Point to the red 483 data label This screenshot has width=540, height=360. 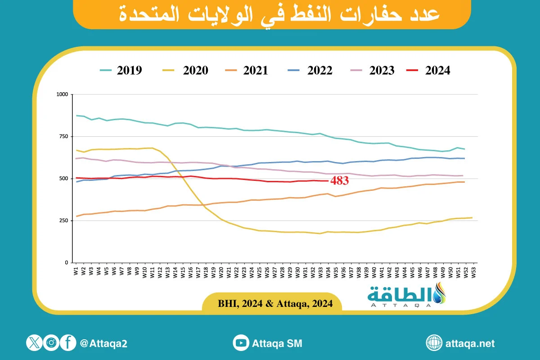pyautogui.click(x=340, y=181)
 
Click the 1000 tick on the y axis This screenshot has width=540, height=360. pyautogui.click(x=62, y=94)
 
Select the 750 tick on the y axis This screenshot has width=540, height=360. pyautogui.click(x=63, y=136)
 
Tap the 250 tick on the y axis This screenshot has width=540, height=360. pyautogui.click(x=63, y=220)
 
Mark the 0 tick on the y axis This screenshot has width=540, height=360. pyautogui.click(x=66, y=263)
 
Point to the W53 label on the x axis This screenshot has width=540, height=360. pyautogui.click(x=473, y=272)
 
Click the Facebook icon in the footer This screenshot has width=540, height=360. pyautogui.click(x=67, y=343)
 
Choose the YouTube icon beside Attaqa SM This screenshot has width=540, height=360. pyautogui.click(x=241, y=343)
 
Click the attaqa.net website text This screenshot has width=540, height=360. pyautogui.click(x=469, y=343)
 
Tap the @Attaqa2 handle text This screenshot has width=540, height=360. pyautogui.click(x=103, y=343)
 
